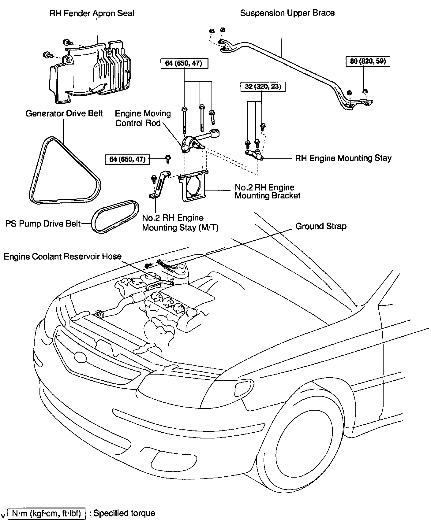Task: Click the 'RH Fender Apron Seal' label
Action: point(92,13)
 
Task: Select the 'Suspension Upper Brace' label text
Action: point(287,13)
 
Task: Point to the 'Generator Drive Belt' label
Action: point(64,113)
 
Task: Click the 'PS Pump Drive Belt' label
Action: point(43,224)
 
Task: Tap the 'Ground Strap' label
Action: point(321,226)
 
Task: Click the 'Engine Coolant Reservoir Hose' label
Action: point(62,256)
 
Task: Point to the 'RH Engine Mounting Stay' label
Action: point(343,158)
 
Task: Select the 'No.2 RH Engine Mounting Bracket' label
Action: point(267,191)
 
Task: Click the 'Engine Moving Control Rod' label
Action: point(143,118)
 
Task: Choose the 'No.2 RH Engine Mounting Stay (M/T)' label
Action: point(180,223)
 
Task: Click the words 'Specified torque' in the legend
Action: point(124,513)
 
